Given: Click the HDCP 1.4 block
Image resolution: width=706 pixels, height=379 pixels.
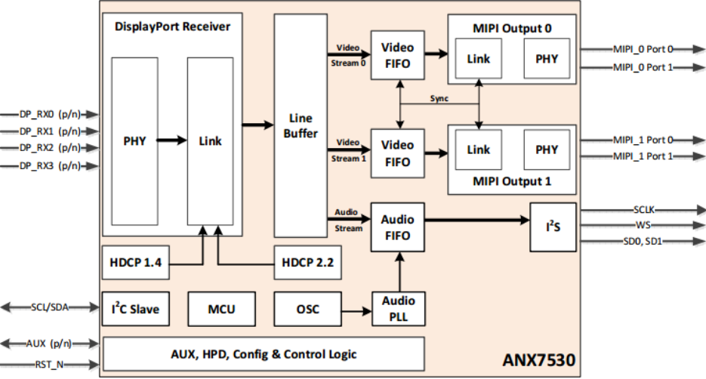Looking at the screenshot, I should pos(137,263).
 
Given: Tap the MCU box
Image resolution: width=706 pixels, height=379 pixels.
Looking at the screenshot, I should pos(221,309).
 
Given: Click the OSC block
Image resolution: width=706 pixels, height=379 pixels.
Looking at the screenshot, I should pos(307,309).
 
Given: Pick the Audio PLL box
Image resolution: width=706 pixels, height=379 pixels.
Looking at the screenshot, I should pos(397,308).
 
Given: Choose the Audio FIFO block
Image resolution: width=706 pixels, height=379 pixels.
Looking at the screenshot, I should pos(397,228).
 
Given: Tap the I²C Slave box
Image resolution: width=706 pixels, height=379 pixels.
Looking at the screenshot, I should pos(137,309).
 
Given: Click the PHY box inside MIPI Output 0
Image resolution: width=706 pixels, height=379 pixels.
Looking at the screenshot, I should pos(547,59).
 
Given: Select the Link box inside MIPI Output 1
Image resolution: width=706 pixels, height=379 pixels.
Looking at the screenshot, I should pos(478,149).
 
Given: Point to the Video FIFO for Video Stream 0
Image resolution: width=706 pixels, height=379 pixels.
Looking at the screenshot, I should pos(397,56).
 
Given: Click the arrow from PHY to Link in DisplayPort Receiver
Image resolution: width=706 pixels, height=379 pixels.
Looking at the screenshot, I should pos(171,140).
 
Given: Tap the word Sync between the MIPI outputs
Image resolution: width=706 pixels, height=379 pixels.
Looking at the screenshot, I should pos(439,98).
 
